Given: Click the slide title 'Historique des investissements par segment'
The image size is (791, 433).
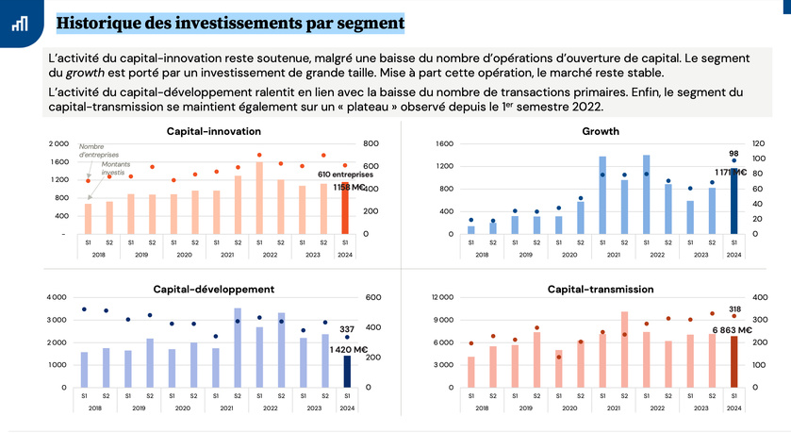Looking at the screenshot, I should click(x=231, y=22).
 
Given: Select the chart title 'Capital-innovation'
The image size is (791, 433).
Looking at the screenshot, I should click(x=207, y=131).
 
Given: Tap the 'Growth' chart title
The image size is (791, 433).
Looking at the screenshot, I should click(x=601, y=131).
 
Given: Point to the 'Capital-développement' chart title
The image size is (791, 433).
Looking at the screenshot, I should click(x=214, y=289).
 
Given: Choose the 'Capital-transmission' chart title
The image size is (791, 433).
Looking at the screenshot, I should click(x=600, y=289).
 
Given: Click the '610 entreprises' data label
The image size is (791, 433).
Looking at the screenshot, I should click(x=344, y=175).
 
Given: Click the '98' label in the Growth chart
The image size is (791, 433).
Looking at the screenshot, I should click(x=733, y=153).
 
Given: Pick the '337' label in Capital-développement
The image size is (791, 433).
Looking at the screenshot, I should click(x=347, y=329).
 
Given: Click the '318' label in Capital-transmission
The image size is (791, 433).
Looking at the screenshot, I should click(x=733, y=308).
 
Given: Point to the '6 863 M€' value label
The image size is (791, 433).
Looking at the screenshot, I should click(x=732, y=330).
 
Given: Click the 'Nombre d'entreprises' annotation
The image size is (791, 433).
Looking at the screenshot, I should click(x=91, y=150).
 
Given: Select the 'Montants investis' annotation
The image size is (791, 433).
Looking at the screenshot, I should click(x=113, y=169).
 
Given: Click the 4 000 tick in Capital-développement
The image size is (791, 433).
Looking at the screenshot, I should click(x=57, y=297).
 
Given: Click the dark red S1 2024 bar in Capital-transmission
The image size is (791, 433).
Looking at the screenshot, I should click(x=733, y=361).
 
